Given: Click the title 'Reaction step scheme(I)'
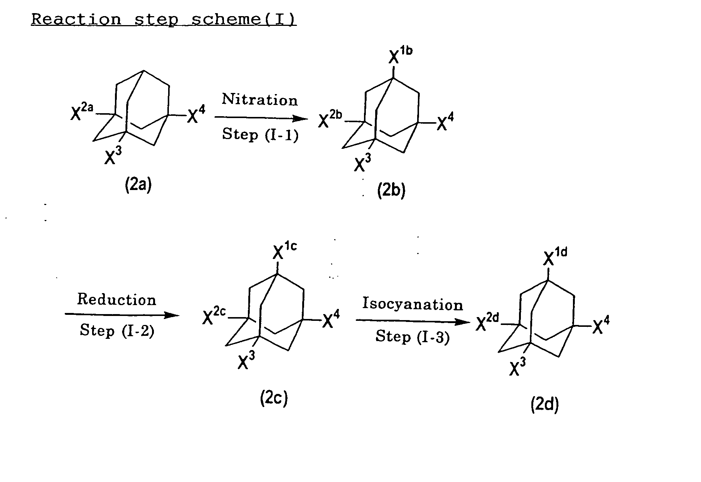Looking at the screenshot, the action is tap(164, 19).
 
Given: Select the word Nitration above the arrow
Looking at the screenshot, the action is tap(260, 100).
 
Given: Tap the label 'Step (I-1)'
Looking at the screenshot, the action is tap(260, 135).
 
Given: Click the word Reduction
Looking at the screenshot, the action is tap(116, 300).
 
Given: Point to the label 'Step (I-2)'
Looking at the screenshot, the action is tap(117, 331).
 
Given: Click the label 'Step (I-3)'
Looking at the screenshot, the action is tap(412, 336).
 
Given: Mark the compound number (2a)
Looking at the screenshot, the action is tap(138, 185).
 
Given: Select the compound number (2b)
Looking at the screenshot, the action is tap(391, 191).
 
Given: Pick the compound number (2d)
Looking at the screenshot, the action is tap(544, 405).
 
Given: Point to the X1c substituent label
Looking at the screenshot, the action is tap(284, 251).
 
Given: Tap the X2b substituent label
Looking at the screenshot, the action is tap(330, 120).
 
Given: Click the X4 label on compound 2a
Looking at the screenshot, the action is tap(196, 115).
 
